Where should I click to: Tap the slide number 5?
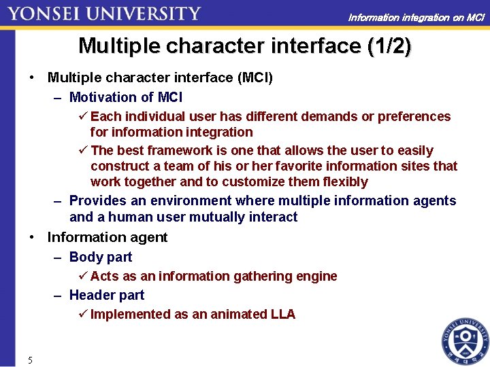[x=30, y=360]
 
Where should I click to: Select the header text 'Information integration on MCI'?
[x=416, y=17]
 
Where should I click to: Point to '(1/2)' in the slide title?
[x=389, y=46]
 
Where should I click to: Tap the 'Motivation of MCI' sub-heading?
[x=126, y=97]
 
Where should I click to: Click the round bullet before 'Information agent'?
[x=32, y=237]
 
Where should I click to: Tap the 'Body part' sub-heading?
[x=101, y=257]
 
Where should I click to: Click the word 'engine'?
[x=316, y=276]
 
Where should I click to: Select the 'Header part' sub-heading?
[x=107, y=295]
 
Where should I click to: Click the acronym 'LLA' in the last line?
[x=282, y=314]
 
